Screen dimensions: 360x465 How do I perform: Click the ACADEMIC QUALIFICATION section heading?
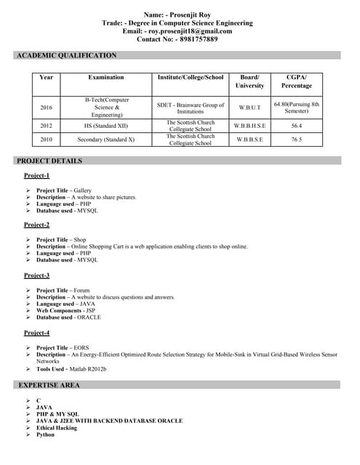point(66,55)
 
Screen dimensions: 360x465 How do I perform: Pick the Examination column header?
point(106,77)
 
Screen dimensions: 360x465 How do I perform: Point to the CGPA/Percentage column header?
point(296,81)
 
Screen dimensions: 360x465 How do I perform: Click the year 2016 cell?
point(47,108)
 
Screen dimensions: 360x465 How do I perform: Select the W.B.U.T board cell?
point(249,108)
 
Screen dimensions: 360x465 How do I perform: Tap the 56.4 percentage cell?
point(296,126)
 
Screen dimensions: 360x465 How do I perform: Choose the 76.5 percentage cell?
point(296,139)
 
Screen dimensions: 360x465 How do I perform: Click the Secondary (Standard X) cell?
point(106,139)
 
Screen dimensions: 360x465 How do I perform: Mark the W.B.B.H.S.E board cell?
point(249,126)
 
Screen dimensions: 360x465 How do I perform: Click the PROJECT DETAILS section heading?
point(49,161)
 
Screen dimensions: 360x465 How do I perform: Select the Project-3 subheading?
point(36,275)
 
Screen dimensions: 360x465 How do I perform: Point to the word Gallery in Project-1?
point(82,190)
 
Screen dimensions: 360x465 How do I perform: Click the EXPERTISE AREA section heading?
point(49,384)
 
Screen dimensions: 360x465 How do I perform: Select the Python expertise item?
point(45,434)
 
